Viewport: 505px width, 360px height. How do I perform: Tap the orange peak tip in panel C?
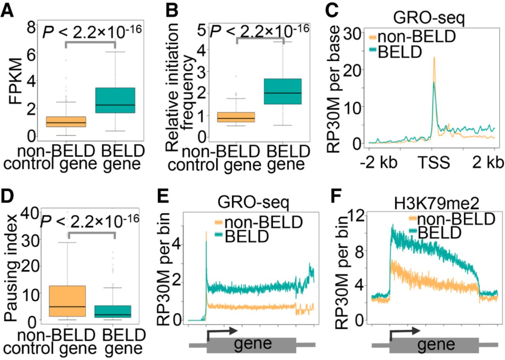434,58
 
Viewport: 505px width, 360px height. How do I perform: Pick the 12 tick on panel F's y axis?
355,216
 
